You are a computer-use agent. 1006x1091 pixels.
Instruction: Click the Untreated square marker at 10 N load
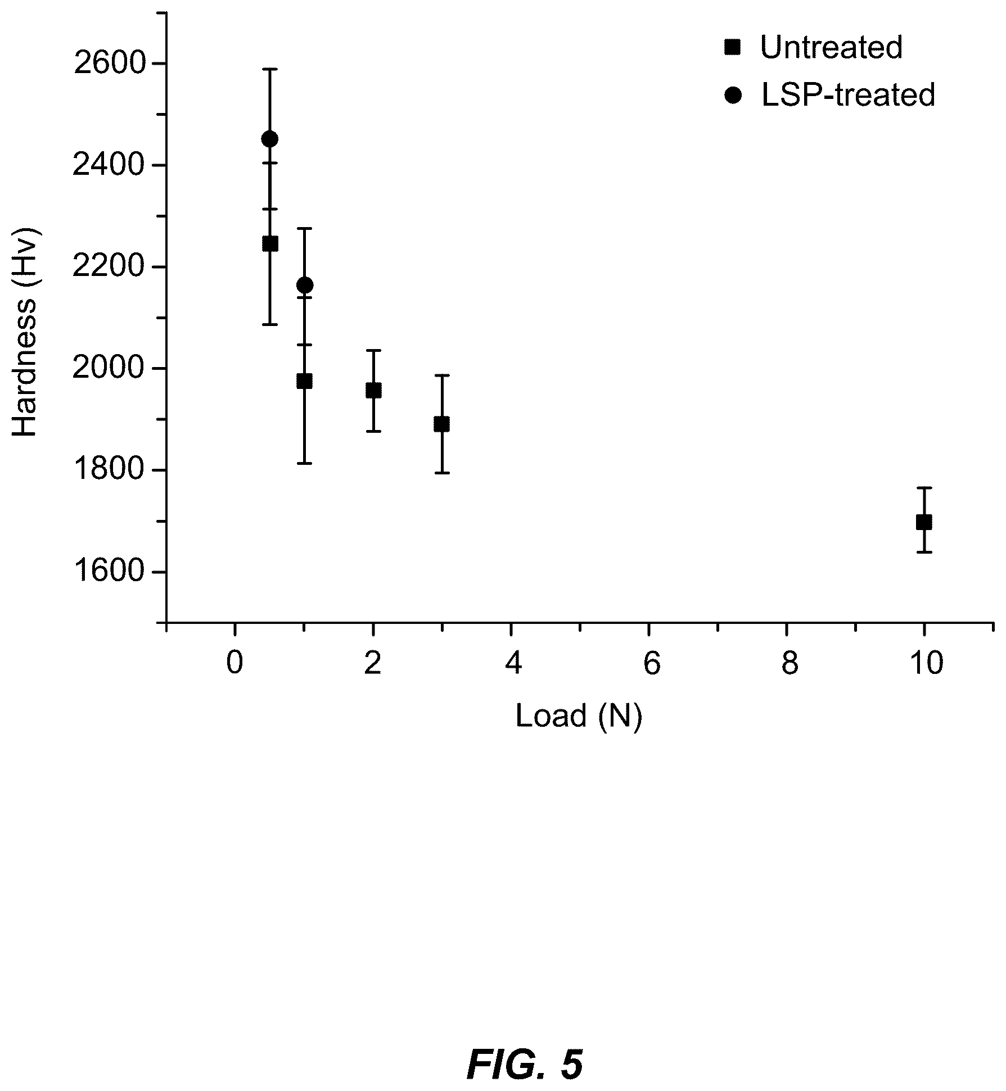coord(924,522)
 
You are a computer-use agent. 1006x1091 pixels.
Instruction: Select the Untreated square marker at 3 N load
coord(442,424)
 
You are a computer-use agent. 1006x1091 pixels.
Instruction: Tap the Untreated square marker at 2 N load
coord(373,390)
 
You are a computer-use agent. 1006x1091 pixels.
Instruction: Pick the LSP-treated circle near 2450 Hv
coord(270,139)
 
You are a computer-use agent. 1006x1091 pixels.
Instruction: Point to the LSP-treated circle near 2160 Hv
coord(305,285)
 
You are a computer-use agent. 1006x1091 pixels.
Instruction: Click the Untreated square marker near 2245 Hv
coord(270,243)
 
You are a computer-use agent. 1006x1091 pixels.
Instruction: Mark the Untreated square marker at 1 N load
coord(304,381)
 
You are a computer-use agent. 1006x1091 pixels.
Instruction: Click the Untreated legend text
coord(831,47)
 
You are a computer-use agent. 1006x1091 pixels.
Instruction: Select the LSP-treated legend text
coord(848,94)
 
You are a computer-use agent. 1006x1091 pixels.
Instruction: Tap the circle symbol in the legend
coord(733,96)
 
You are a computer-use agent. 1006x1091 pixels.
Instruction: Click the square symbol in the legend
coord(733,48)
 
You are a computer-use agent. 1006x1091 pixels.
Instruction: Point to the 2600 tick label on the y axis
coord(109,64)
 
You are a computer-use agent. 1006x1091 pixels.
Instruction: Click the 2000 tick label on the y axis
coord(109,368)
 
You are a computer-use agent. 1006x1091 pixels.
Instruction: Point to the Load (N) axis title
coord(579,717)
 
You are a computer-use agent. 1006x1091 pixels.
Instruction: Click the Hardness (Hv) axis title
coord(25,332)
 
